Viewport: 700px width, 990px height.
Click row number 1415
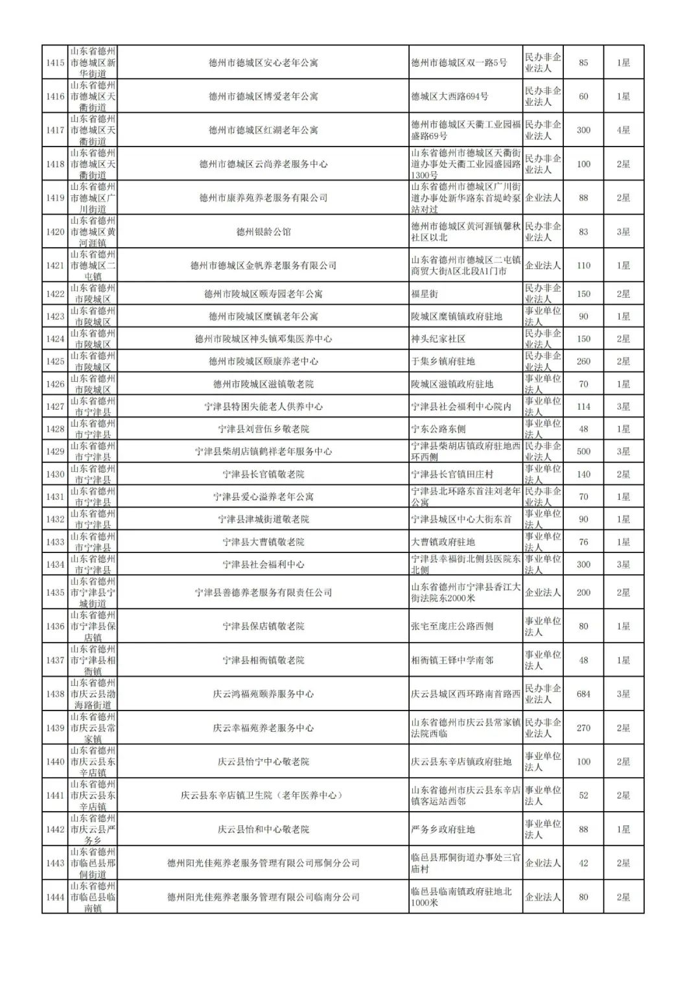click(55, 63)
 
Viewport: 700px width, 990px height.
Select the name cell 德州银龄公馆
click(263, 231)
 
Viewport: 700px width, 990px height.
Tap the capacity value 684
click(583, 694)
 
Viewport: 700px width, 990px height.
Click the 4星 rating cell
click(623, 130)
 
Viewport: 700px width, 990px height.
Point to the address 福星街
click(425, 294)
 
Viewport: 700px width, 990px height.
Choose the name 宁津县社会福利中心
click(263, 564)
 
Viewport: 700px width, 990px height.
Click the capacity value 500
click(583, 451)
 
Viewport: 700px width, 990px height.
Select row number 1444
click(55, 897)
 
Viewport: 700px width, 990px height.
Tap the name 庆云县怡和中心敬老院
click(263, 829)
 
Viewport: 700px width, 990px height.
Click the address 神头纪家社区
click(438, 339)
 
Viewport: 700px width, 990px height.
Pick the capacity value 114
click(583, 407)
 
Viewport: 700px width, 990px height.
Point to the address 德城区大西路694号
click(450, 97)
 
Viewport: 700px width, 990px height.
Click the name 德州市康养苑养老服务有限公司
click(263, 198)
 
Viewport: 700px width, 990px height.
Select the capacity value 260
click(583, 361)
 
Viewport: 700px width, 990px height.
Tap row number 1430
click(55, 474)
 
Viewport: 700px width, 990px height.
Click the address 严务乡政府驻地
click(443, 829)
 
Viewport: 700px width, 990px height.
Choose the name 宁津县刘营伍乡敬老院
click(263, 429)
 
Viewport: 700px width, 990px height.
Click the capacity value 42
click(583, 863)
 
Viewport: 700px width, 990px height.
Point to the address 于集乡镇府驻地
click(443, 361)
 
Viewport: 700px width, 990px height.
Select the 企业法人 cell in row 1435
click(542, 593)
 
